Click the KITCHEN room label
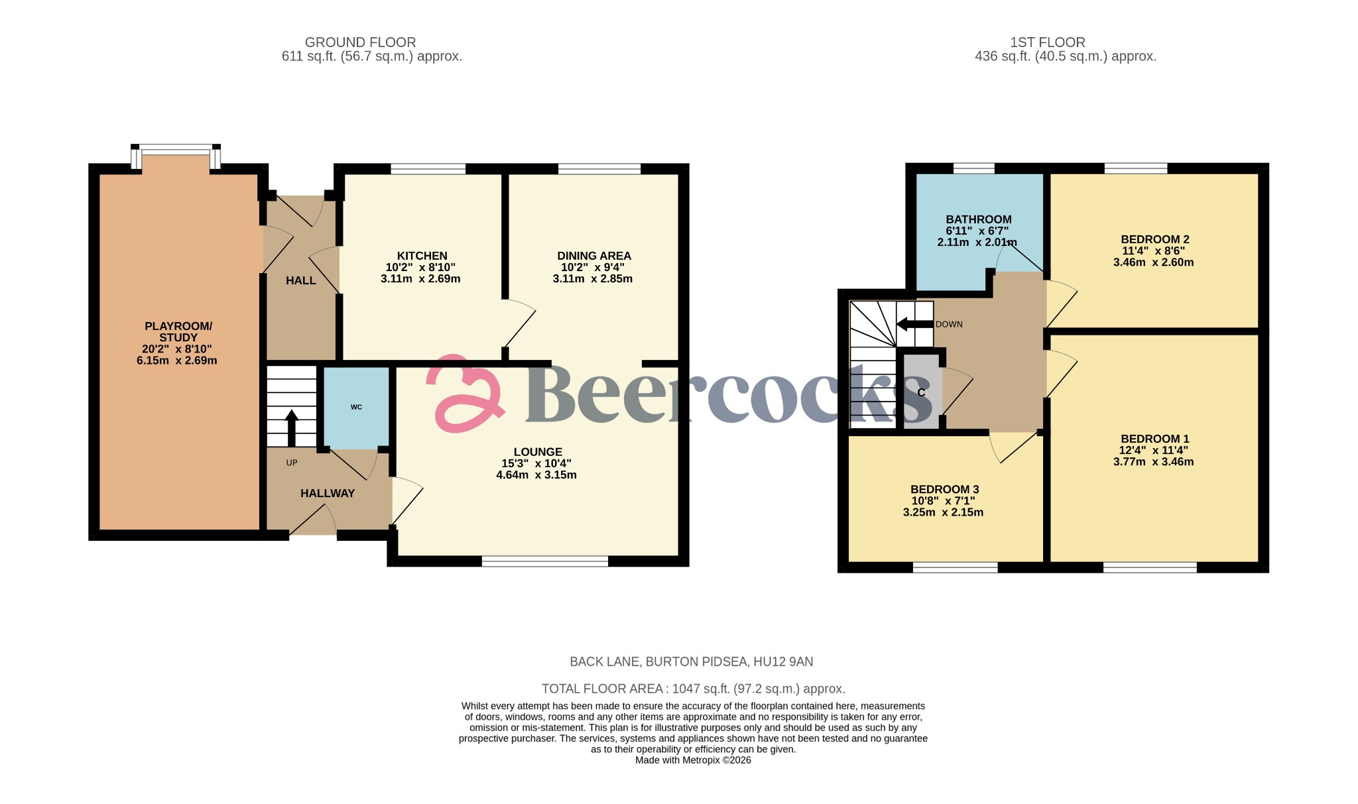click(x=422, y=256)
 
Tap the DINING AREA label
click(x=593, y=256)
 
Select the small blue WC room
click(x=356, y=407)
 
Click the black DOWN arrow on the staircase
click(x=914, y=324)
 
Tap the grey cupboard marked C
click(x=922, y=392)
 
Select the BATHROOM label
click(x=978, y=219)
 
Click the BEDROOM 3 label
click(x=944, y=489)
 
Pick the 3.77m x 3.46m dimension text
click(x=1153, y=462)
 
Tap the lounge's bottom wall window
click(x=544, y=562)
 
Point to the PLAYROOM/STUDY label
click(x=178, y=331)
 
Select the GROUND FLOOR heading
click(x=360, y=42)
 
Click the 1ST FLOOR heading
click(x=1047, y=42)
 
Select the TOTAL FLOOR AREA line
click(x=693, y=689)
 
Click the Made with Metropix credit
click(x=693, y=760)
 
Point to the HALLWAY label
click(x=328, y=493)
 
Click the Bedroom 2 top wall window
click(x=1135, y=169)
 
